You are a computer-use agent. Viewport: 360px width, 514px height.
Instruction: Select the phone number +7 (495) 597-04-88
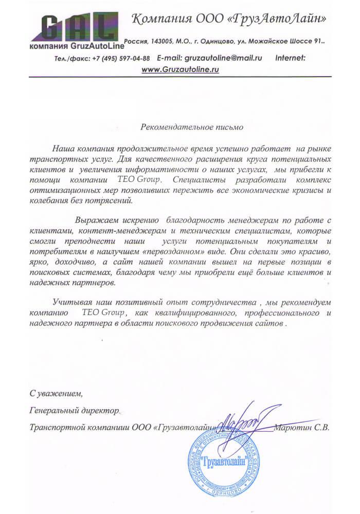(x=122, y=58)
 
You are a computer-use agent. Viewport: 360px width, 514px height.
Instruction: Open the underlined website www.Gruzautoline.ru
(x=180, y=69)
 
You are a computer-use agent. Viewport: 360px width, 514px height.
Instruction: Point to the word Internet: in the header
(x=291, y=58)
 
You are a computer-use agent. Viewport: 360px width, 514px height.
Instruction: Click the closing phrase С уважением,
(x=56, y=394)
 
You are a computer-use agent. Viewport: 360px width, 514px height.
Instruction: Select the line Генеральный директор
(x=75, y=411)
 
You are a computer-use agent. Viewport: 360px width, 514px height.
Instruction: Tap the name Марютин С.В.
(x=301, y=427)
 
